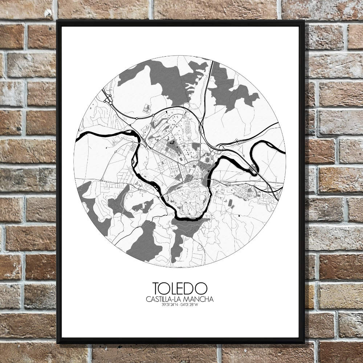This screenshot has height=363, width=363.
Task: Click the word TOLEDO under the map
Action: tap(180, 289)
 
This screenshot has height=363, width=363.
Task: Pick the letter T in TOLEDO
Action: tap(157, 289)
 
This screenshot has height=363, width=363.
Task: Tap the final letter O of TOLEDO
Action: tap(203, 289)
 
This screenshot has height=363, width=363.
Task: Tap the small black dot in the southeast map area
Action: tap(239, 216)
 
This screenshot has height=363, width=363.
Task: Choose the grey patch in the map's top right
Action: tap(232, 91)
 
